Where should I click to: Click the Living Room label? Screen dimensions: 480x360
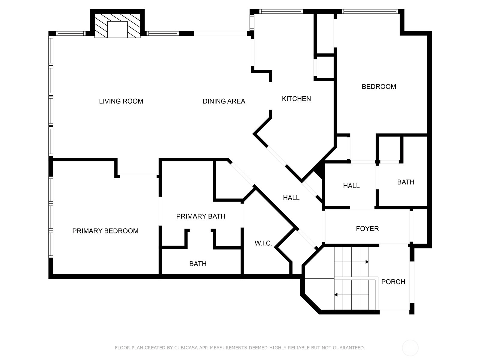pyautogui.click(x=121, y=101)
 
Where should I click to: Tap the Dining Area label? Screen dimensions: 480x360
pyautogui.click(x=224, y=101)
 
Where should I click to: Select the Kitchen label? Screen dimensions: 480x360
pyautogui.click(x=296, y=99)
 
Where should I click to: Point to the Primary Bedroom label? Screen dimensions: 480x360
pyautogui.click(x=105, y=231)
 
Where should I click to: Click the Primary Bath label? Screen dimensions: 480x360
pyautogui.click(x=200, y=216)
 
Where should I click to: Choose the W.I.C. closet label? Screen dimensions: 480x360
pyautogui.click(x=263, y=243)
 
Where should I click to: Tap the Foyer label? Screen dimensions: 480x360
pyautogui.click(x=367, y=229)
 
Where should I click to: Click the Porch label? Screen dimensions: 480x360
pyautogui.click(x=393, y=282)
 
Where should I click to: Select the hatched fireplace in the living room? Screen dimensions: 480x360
pyautogui.click(x=117, y=26)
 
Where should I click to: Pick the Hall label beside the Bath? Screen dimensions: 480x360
pyautogui.click(x=351, y=186)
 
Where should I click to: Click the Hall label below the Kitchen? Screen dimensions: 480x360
pyautogui.click(x=291, y=198)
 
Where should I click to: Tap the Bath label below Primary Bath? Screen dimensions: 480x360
pyautogui.click(x=198, y=264)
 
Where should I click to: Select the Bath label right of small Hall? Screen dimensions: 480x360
pyautogui.click(x=406, y=182)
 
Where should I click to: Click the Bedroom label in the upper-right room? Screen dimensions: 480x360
pyautogui.click(x=379, y=87)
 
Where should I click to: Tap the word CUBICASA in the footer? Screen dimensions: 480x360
pyautogui.click(x=184, y=347)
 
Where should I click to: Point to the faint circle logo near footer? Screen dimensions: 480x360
pyautogui.click(x=410, y=348)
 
